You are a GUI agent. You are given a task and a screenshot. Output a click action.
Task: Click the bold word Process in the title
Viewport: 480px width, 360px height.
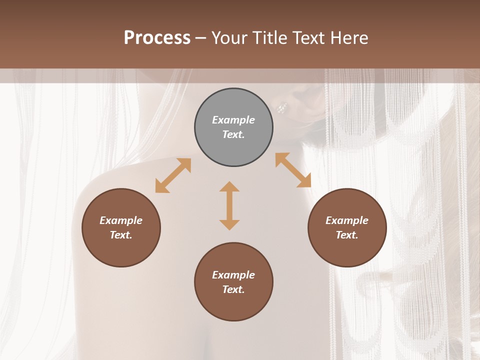[x=157, y=38]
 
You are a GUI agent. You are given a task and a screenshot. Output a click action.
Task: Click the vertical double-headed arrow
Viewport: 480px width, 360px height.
[x=229, y=205]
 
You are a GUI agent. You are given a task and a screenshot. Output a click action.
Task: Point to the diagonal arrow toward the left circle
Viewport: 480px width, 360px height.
[x=173, y=175]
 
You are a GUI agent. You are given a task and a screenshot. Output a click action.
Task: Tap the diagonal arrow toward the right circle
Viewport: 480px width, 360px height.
[x=293, y=170]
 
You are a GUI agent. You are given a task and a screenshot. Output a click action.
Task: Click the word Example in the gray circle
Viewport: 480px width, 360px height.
[x=233, y=120]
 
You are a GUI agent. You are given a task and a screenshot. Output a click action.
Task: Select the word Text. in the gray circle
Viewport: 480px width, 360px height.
[x=233, y=134]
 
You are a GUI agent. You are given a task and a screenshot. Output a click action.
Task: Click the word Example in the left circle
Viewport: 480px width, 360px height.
[x=121, y=220]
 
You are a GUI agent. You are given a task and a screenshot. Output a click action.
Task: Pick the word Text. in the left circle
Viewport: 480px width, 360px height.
[x=121, y=235]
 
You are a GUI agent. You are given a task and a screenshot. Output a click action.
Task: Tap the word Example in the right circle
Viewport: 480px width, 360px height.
[x=347, y=220]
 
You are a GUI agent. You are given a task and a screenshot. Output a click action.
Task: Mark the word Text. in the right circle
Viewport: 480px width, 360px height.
[x=347, y=235]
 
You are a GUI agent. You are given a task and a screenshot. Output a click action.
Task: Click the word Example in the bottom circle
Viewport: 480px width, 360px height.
[x=233, y=275]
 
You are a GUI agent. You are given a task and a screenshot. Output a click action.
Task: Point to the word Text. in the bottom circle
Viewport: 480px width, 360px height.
[x=233, y=289]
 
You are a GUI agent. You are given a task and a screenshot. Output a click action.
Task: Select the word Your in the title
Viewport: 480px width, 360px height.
[x=227, y=38]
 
